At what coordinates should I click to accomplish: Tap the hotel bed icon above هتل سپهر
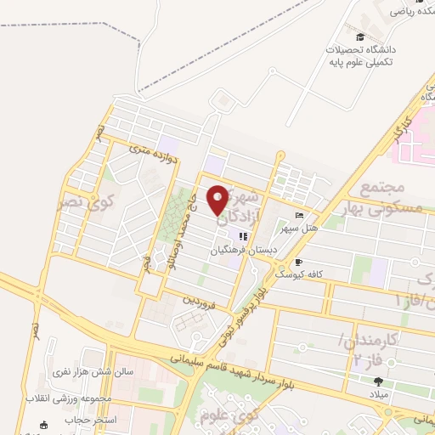[x=298, y=215]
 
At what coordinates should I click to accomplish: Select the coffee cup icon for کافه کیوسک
[x=298, y=263]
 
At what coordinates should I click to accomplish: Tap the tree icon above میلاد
[x=378, y=381]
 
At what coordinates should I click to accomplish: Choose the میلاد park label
[x=378, y=396]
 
